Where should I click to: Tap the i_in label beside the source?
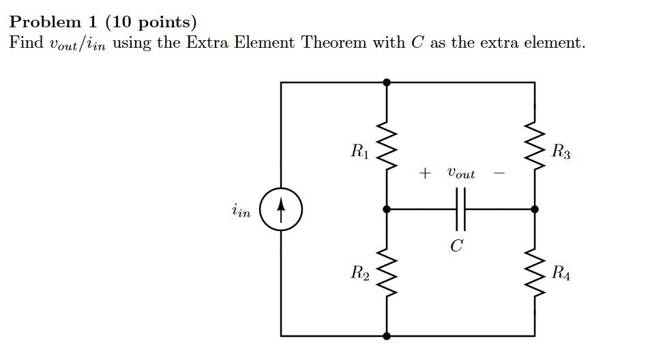[241, 212]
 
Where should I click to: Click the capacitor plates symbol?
[460, 209]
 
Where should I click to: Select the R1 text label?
[359, 151]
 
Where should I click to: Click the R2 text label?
[359, 275]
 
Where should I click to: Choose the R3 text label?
[561, 151]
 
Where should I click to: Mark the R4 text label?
[561, 275]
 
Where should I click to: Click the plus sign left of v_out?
[424, 174]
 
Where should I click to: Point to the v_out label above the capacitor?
[461, 173]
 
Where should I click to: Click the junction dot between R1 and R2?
[387, 209]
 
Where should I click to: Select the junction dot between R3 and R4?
[534, 209]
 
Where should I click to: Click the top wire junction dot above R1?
[387, 82]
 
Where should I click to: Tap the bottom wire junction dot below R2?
[387, 335]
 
